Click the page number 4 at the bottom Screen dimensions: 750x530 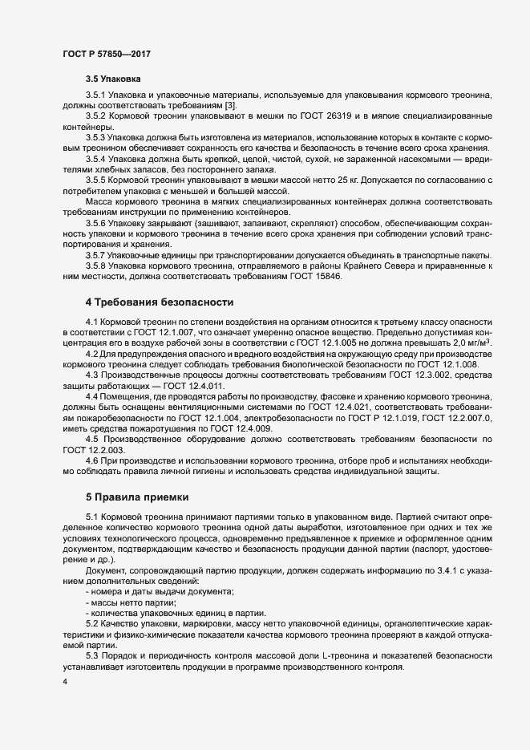64,682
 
